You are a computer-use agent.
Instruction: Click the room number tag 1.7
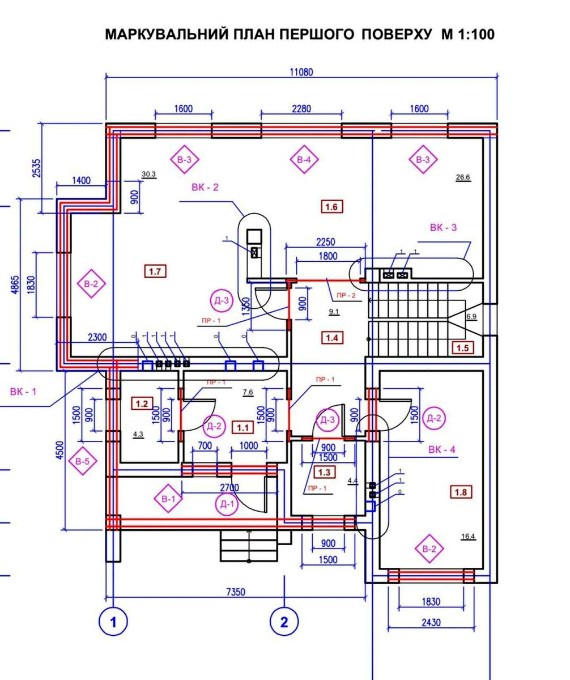click(155, 271)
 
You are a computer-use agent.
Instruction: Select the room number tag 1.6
click(332, 207)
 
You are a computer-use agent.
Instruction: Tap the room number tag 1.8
click(461, 492)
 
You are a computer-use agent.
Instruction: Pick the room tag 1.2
click(142, 404)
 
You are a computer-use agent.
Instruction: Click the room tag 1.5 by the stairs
click(462, 348)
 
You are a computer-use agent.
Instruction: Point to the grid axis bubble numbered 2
click(284, 622)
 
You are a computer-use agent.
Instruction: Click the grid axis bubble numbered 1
click(113, 622)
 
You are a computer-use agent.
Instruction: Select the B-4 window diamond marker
click(304, 160)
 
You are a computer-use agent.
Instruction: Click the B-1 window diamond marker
click(168, 499)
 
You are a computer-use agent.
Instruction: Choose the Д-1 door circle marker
click(227, 504)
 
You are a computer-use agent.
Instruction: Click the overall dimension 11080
click(301, 72)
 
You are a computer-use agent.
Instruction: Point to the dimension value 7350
click(236, 592)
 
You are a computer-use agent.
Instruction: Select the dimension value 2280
click(301, 108)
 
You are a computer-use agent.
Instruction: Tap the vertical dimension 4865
click(15, 284)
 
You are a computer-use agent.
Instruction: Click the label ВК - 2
click(205, 187)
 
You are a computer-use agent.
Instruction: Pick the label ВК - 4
click(442, 450)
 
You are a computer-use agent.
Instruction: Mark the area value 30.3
click(149, 175)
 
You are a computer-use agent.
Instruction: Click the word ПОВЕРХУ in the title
click(396, 34)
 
